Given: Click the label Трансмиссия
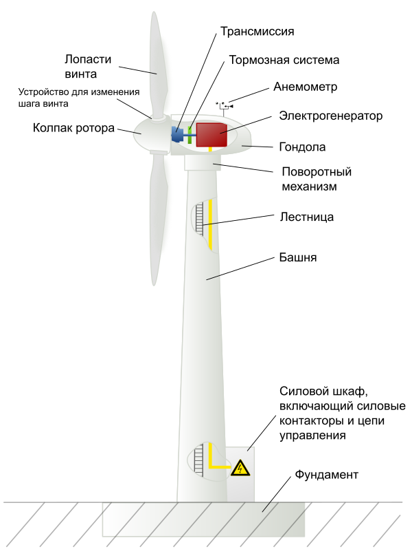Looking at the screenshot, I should coord(257,32).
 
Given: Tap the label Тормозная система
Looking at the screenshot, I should coord(284,60).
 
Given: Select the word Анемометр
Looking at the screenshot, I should coord(306,87).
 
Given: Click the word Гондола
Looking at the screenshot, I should coord(302,147).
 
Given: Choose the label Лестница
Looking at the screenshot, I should coord(307,217).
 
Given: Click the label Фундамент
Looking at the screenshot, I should coord(326,475).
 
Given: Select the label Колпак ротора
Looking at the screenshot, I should coord(72,127).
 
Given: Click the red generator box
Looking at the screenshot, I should coord(211,135).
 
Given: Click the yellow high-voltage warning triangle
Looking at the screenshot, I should coord(240,469).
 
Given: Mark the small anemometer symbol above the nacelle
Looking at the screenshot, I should coord(225,105).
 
